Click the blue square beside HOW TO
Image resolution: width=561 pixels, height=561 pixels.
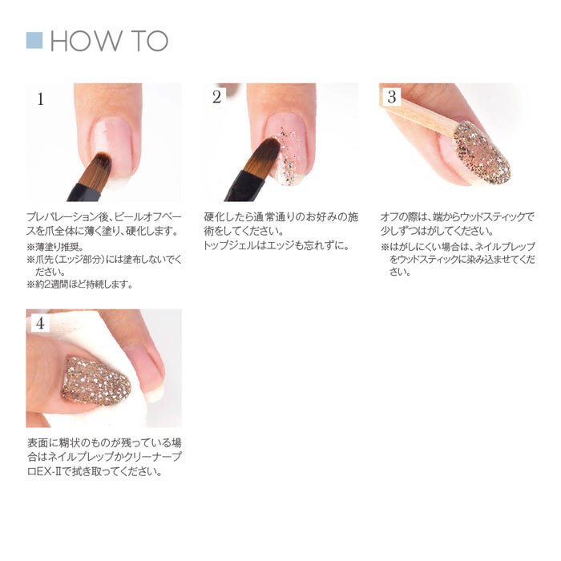click(x=34, y=40)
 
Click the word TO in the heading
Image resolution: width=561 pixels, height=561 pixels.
click(x=150, y=41)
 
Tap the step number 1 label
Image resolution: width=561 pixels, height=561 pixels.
click(x=40, y=99)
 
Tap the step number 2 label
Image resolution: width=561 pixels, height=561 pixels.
click(x=216, y=97)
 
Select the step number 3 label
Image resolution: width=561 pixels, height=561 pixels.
click(x=392, y=97)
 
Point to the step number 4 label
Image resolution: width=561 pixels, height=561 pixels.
click(x=40, y=323)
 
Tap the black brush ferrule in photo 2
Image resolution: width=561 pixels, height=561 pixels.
click(x=244, y=186)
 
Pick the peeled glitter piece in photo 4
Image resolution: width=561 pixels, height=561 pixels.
click(x=96, y=381)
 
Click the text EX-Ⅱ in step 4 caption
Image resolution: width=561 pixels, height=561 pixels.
click(x=49, y=471)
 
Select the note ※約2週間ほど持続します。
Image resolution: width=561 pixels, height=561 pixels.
click(x=80, y=285)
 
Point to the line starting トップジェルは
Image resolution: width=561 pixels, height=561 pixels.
click(x=276, y=246)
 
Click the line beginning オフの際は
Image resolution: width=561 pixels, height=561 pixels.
click(x=457, y=217)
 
